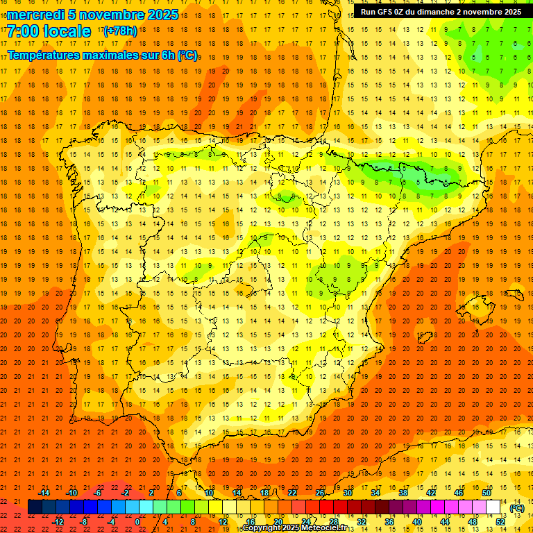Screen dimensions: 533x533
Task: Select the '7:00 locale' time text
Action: (x=49, y=31)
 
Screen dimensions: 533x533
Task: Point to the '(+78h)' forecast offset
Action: (x=120, y=31)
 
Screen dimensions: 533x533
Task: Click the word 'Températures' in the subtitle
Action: (x=48, y=55)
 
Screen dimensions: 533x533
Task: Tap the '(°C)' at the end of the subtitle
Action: (x=187, y=55)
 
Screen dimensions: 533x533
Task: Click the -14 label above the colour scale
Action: (x=44, y=493)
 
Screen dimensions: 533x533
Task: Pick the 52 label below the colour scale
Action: (x=500, y=522)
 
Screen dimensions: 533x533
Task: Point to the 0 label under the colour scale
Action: (x=137, y=522)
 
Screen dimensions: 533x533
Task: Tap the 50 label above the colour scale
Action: (x=487, y=493)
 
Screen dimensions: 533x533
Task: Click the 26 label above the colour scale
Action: (x=320, y=493)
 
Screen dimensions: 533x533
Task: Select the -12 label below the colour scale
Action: (x=58, y=522)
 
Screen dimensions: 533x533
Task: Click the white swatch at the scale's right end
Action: (x=493, y=507)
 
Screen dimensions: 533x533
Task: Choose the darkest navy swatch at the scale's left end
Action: (x=35, y=507)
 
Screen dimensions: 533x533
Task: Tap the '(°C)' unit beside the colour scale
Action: (x=516, y=508)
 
